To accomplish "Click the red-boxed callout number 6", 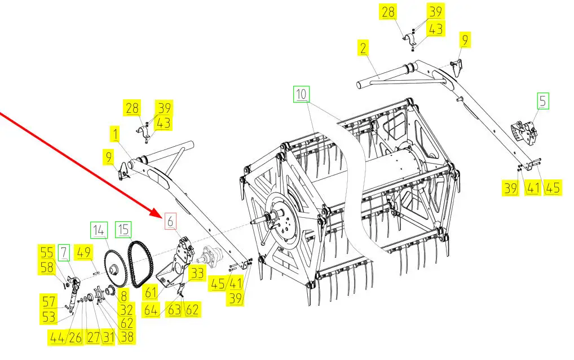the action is click(170, 221).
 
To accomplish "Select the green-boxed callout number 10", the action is click(301, 94).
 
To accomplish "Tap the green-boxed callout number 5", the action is click(543, 101).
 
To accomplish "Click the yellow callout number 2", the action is click(363, 49).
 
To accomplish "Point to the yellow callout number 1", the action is click(116, 134).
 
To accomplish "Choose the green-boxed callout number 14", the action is click(99, 230).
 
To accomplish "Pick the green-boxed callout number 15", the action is click(123, 229).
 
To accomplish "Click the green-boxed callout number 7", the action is click(64, 252).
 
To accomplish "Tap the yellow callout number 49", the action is click(84, 252).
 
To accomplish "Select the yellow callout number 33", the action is click(197, 274).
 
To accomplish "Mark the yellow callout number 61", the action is click(151, 293).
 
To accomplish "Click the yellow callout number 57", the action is click(48, 302).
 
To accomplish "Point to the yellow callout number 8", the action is click(123, 296).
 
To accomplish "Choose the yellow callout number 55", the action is click(47, 252).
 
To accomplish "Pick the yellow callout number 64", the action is click(151, 310).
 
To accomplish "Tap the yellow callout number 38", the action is click(127, 336).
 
